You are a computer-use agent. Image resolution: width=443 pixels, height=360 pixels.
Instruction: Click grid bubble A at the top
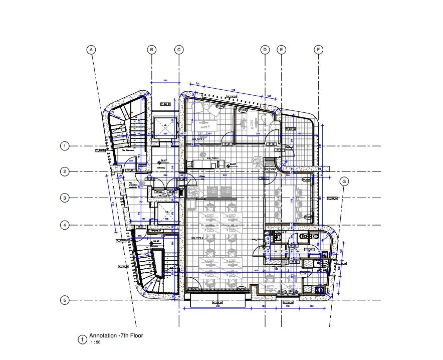pos(91,50)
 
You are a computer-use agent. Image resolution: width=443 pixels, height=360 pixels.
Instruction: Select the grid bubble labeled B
pos(152,50)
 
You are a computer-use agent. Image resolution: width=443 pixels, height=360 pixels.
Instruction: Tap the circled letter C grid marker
pos(179,50)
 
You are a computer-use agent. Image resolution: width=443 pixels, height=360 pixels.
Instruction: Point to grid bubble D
pos(265,50)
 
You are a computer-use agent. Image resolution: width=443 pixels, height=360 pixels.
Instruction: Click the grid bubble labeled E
pos(282,50)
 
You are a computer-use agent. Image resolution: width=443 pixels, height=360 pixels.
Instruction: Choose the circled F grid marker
pos(318,50)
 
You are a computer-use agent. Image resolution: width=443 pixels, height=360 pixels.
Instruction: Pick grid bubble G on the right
pos(344,182)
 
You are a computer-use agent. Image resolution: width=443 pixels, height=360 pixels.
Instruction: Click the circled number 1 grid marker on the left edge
pos(64,146)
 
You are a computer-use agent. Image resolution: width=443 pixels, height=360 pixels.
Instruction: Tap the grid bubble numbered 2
pos(64,172)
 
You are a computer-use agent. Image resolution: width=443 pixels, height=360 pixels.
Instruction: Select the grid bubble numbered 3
pos(64,198)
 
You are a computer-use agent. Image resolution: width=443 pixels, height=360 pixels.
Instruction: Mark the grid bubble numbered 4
pos(64,225)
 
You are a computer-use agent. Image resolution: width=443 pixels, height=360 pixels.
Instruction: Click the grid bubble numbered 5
pos(64,300)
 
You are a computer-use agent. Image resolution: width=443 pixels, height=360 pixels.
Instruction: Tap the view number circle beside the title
pos(82,339)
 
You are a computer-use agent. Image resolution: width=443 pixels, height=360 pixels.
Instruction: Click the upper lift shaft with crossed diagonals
pos(165,127)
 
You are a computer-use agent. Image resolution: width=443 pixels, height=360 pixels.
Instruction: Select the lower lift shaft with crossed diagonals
pos(165,214)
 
